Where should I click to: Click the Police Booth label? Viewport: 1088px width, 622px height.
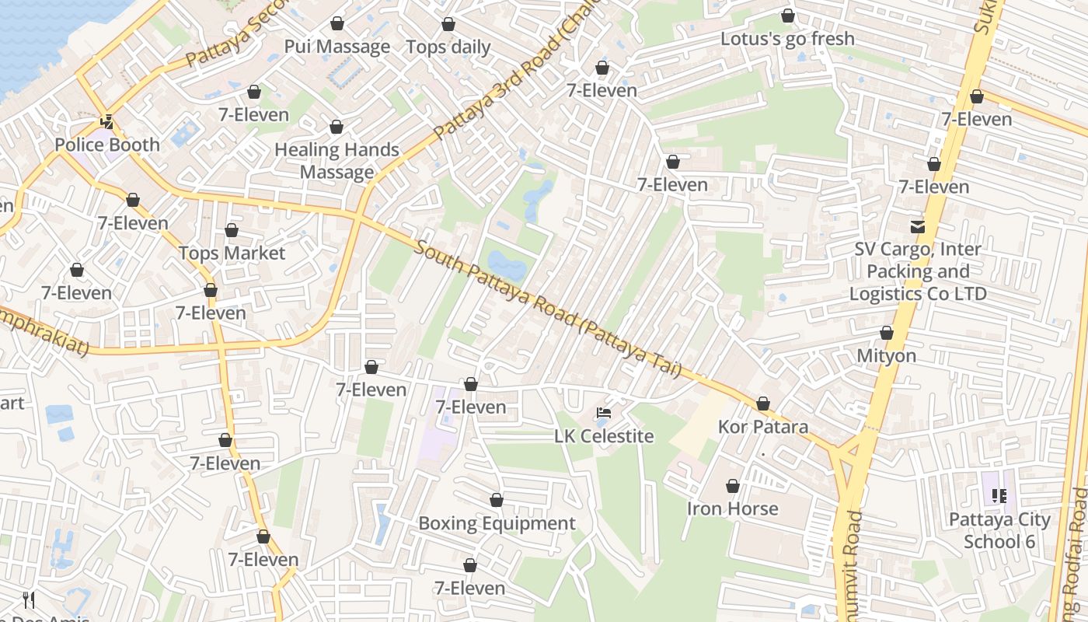point(107,145)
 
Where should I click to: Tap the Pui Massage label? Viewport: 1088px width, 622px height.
point(337,47)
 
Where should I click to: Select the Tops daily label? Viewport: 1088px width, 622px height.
point(448,47)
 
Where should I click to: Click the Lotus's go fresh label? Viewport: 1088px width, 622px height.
point(787,39)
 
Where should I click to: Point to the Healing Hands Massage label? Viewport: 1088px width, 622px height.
point(337,161)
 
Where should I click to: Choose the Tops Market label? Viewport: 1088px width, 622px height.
point(232,253)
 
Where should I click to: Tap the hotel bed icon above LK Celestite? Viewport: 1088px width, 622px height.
point(604,413)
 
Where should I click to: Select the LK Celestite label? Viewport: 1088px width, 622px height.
point(604,436)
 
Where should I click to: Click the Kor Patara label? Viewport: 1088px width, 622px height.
point(762,427)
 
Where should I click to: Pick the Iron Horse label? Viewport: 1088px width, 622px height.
point(732,508)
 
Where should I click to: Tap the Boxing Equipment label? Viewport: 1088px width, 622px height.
point(497,523)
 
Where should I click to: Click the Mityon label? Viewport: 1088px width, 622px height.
point(886,356)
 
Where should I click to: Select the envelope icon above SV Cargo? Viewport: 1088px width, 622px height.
point(918,226)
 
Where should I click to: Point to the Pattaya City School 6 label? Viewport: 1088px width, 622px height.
point(999,530)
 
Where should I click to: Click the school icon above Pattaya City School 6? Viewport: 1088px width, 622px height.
point(999,495)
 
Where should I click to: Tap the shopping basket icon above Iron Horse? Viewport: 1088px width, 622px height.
point(732,486)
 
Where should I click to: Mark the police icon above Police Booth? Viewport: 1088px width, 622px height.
point(107,122)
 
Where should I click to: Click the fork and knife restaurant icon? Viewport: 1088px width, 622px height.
point(29,599)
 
